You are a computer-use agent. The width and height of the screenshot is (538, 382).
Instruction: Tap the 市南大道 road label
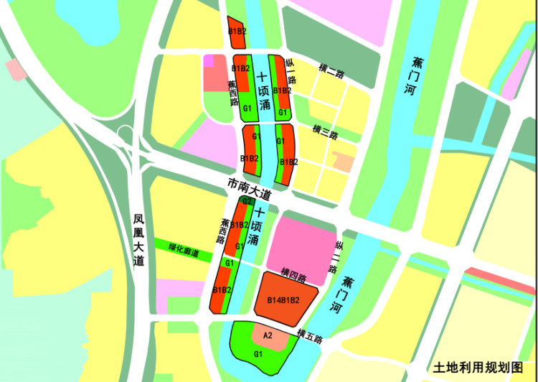(249, 189)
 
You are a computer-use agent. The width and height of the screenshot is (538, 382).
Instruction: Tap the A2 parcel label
(268, 335)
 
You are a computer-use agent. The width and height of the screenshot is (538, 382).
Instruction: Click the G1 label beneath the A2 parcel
(258, 354)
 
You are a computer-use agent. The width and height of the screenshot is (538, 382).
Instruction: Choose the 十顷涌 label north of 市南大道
(263, 90)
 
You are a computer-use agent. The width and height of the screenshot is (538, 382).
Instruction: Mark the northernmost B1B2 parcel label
(237, 32)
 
